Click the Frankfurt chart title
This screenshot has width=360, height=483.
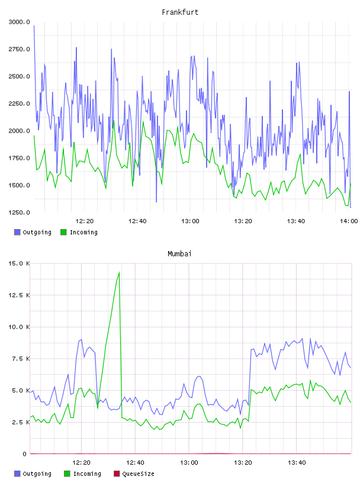click(x=180, y=12)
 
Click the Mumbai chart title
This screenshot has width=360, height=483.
click(x=179, y=253)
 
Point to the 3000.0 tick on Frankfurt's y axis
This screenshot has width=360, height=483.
click(x=19, y=22)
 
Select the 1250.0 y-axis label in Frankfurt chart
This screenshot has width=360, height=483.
click(x=19, y=212)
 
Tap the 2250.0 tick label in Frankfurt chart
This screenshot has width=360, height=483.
click(x=19, y=104)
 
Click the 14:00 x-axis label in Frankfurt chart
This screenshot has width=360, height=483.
click(x=349, y=221)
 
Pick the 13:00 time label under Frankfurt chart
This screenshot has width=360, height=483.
click(x=190, y=221)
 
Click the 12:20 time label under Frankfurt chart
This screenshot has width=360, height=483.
click(x=85, y=221)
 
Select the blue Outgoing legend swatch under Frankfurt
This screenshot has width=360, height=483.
click(x=17, y=232)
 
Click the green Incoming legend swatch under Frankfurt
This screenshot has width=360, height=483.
click(x=63, y=232)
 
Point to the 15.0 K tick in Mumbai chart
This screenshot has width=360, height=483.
click(x=19, y=263)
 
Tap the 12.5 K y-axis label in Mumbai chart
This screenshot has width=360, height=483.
click(x=19, y=295)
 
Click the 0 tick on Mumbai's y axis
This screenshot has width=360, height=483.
click(x=24, y=454)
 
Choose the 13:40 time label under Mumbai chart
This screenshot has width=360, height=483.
click(x=297, y=462)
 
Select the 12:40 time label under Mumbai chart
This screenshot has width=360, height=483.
click(x=135, y=462)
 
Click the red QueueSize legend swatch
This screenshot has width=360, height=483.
click(x=117, y=474)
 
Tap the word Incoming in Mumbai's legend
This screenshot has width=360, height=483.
click(x=87, y=474)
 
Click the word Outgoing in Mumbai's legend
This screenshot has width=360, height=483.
click(x=37, y=474)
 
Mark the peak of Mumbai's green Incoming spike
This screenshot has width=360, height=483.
click(x=119, y=272)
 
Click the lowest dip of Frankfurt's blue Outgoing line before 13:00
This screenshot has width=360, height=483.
click(x=156, y=202)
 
